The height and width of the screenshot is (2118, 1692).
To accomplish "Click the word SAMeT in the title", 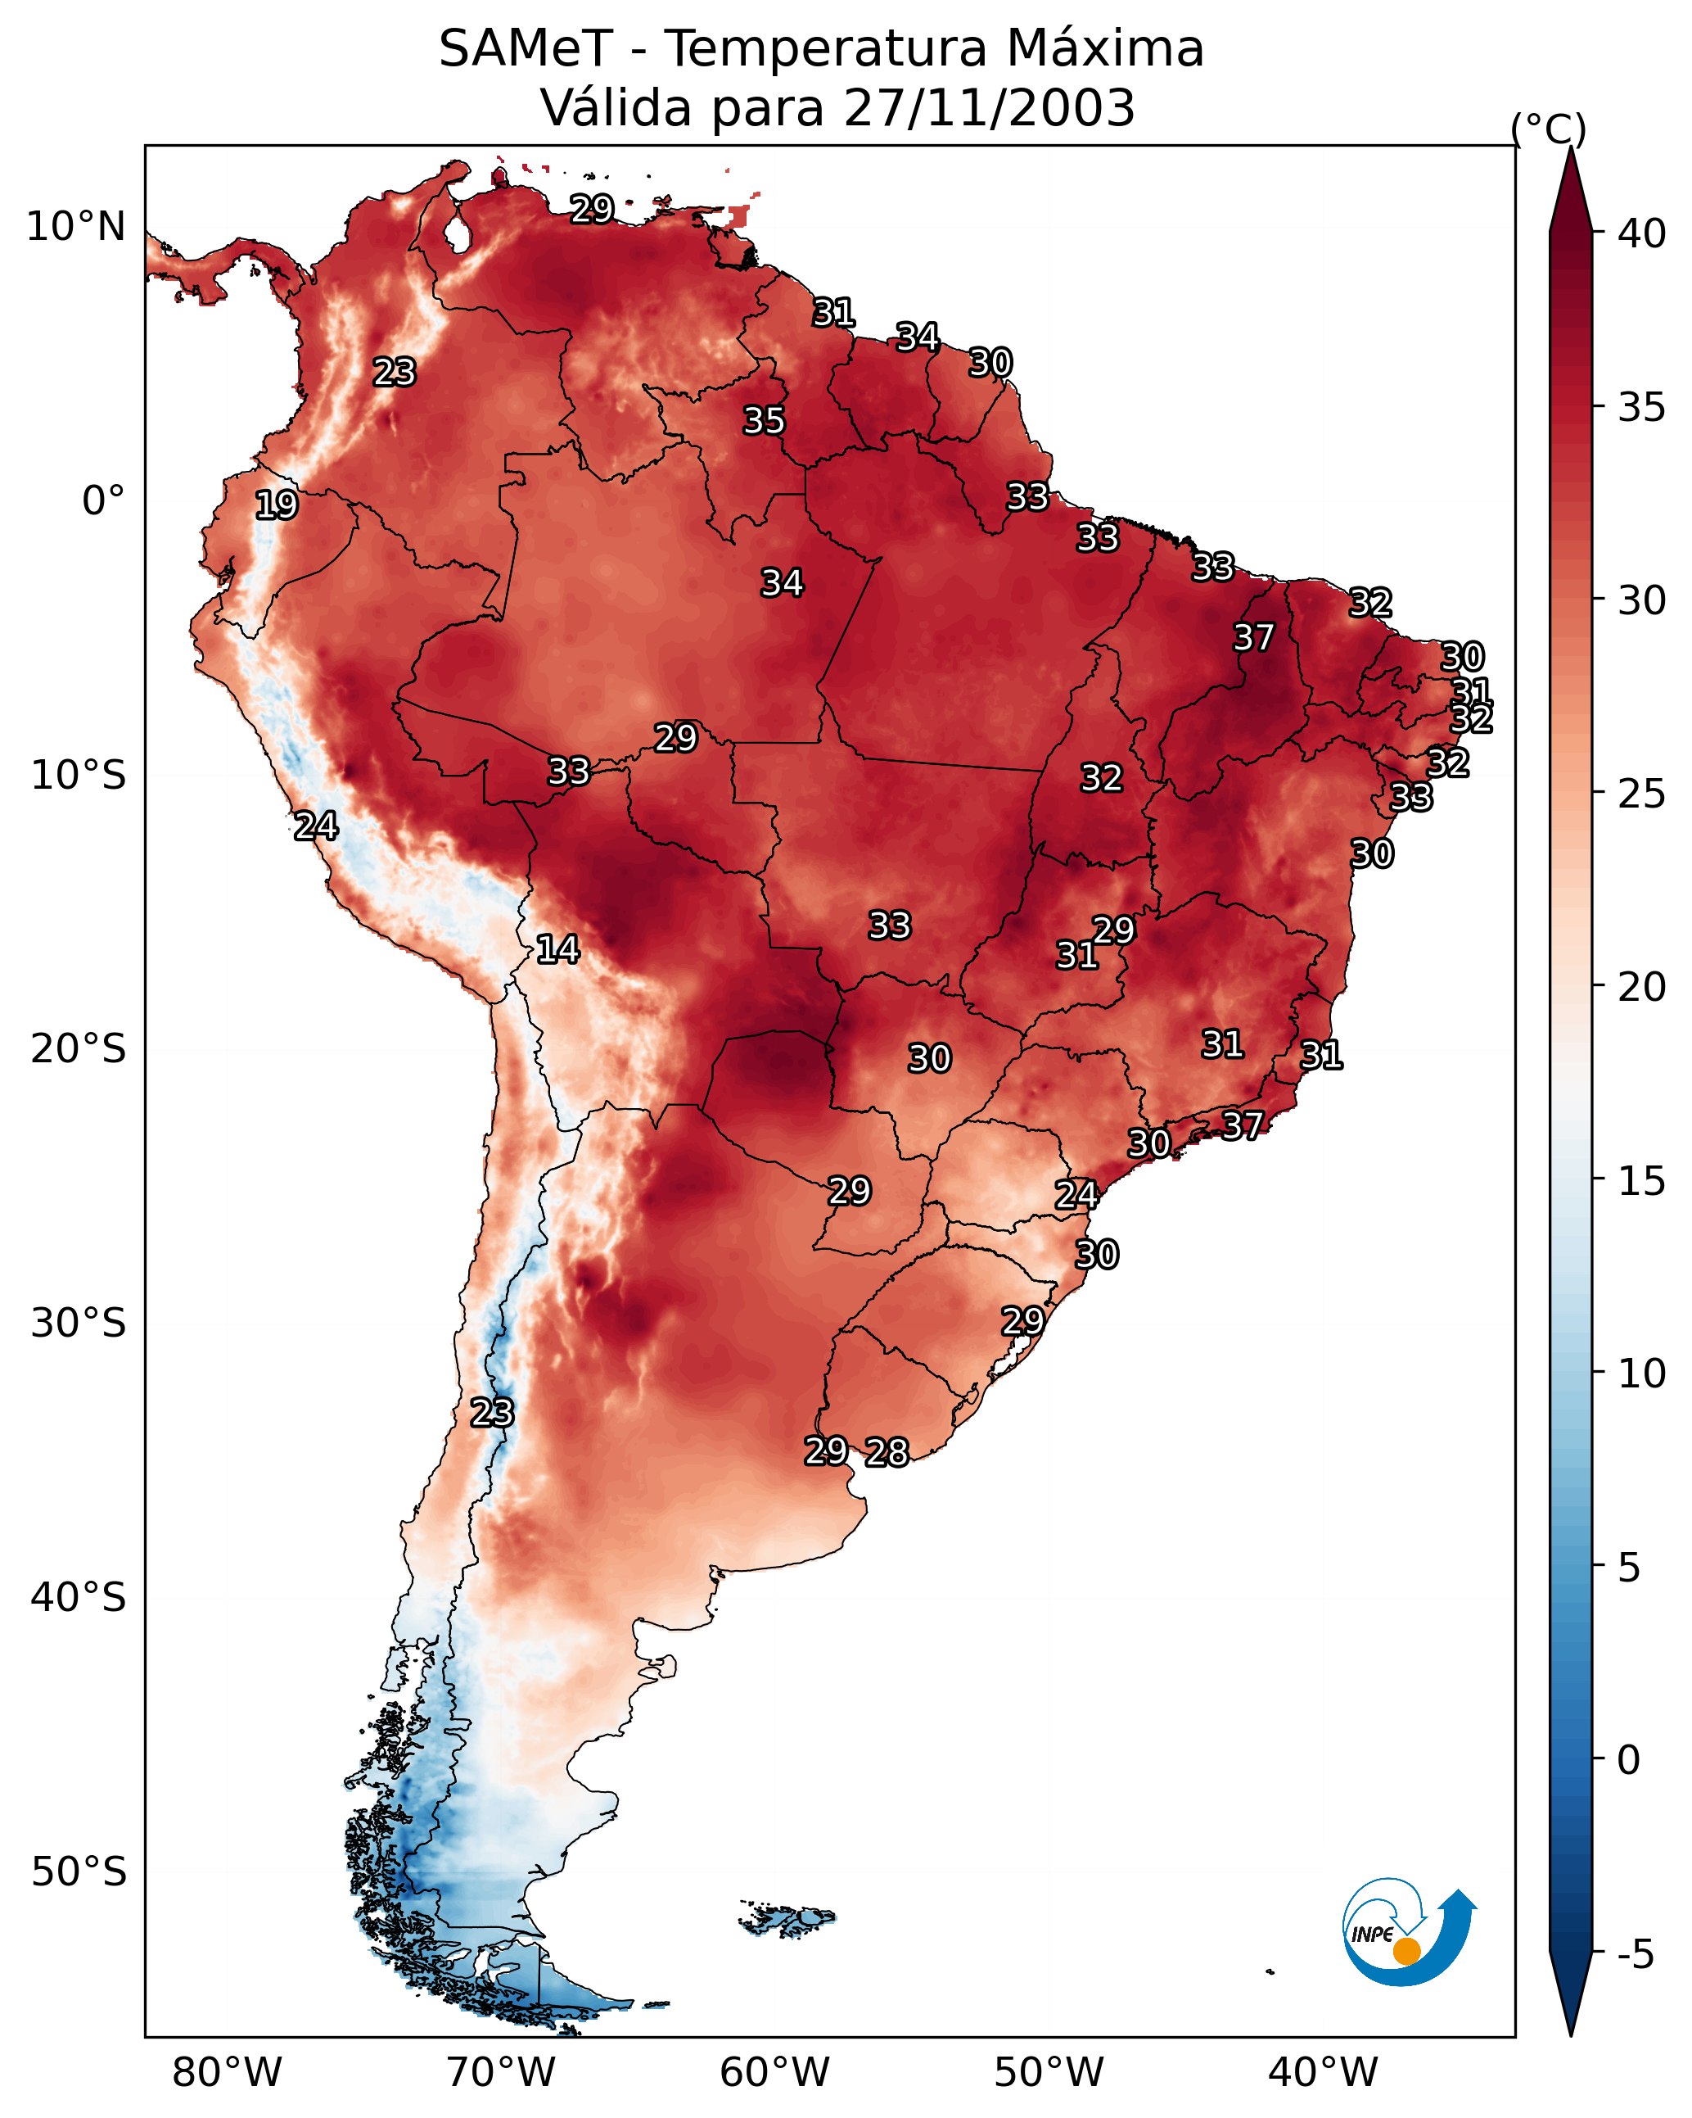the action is (x=526, y=49).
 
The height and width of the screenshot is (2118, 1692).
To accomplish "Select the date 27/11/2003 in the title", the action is (x=989, y=108).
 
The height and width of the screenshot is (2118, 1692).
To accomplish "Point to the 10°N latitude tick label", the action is (x=75, y=227).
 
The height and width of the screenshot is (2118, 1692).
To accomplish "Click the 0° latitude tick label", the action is (x=104, y=501).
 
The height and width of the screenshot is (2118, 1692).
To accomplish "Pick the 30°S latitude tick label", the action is (x=79, y=1324).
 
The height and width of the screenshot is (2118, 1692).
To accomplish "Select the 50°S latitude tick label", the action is (x=79, y=1872).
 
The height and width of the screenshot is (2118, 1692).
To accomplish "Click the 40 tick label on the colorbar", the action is (x=1642, y=233).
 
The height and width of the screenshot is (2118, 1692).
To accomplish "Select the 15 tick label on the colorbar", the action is (x=1642, y=1181).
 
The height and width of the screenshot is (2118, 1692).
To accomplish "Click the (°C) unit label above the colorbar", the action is (x=1549, y=129).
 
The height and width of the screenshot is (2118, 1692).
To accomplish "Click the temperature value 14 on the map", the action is (x=557, y=949).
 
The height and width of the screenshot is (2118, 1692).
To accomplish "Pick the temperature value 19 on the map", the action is (x=276, y=505).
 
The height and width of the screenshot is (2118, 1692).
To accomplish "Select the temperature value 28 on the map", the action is (x=887, y=1452).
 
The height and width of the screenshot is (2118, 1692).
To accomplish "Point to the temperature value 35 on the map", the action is (x=764, y=420).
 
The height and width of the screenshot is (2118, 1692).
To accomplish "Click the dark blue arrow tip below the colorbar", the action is (x=1571, y=2034).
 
